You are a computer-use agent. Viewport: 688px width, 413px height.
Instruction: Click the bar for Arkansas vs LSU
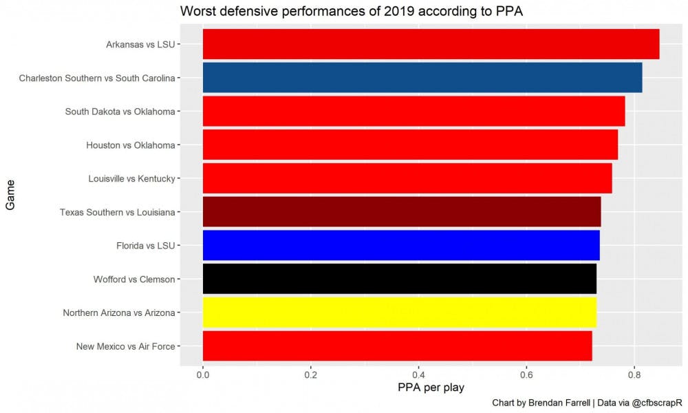pos(431,44)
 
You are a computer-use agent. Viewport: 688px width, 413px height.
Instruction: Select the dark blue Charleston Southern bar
pos(422,78)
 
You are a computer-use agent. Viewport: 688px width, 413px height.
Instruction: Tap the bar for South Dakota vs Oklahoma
pos(413,111)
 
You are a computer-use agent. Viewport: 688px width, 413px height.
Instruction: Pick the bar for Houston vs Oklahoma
pos(410,145)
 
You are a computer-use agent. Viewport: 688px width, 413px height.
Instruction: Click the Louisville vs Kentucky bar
pos(407,178)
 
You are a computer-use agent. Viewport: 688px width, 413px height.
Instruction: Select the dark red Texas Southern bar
pos(402,212)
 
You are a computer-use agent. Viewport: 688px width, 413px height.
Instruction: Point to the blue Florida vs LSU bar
pos(401,245)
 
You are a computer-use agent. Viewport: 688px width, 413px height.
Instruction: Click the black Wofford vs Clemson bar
pos(399,279)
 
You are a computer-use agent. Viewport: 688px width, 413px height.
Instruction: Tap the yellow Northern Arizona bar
pos(399,313)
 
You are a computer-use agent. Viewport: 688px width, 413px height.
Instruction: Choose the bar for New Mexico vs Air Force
pos(397,346)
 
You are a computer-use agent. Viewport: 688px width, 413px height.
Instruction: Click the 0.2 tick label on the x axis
pos(310,375)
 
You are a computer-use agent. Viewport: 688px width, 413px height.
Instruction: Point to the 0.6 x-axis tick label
pos(526,375)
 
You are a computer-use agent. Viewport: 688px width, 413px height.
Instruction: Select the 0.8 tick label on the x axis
pos(634,375)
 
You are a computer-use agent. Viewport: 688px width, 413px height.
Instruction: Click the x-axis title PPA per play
pos(431,388)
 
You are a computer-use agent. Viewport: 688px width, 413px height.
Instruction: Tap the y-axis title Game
pos(10,195)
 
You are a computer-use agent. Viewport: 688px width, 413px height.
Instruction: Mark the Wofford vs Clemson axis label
pos(133,279)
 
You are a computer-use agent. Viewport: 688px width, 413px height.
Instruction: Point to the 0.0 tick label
pos(202,375)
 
